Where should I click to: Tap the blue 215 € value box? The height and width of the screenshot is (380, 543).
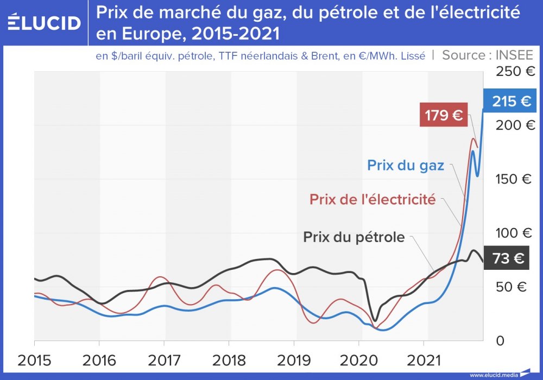pos(510,102)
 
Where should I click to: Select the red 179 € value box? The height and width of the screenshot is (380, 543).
pos(443,116)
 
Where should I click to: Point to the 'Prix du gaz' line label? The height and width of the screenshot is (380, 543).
pos(406,165)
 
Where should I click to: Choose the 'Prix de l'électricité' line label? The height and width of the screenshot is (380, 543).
pos(372,199)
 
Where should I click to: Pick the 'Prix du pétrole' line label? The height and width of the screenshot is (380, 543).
pos(353,237)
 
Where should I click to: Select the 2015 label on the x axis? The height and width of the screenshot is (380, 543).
pos(34,360)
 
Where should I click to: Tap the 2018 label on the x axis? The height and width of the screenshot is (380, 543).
pos(229,360)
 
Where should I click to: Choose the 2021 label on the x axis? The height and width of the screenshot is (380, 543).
pos(424,360)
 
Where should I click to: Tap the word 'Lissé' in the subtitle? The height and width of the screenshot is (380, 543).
pos(412,56)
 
